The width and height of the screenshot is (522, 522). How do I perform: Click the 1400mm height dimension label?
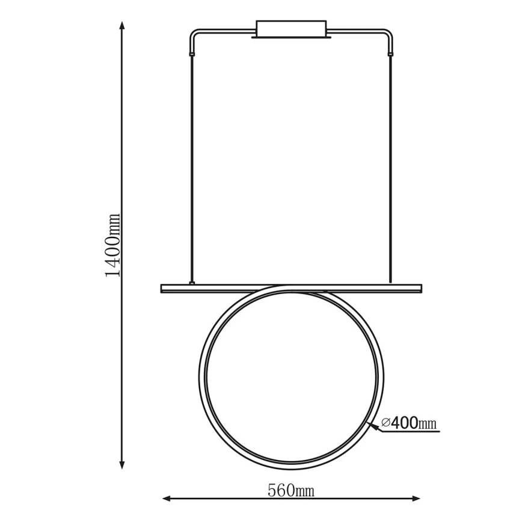click(x=112, y=245)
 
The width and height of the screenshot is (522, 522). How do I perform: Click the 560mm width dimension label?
click(x=291, y=490)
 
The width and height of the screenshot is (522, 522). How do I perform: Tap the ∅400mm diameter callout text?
click(x=409, y=423)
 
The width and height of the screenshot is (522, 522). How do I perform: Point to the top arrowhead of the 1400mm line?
click(x=122, y=26)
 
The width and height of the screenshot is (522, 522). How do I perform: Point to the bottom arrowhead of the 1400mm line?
click(x=122, y=464)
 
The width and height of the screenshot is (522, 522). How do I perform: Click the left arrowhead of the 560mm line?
click(x=167, y=499)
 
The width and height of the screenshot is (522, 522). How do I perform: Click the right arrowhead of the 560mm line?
click(x=416, y=499)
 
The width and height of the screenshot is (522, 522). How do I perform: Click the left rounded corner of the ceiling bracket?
click(x=192, y=32)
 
